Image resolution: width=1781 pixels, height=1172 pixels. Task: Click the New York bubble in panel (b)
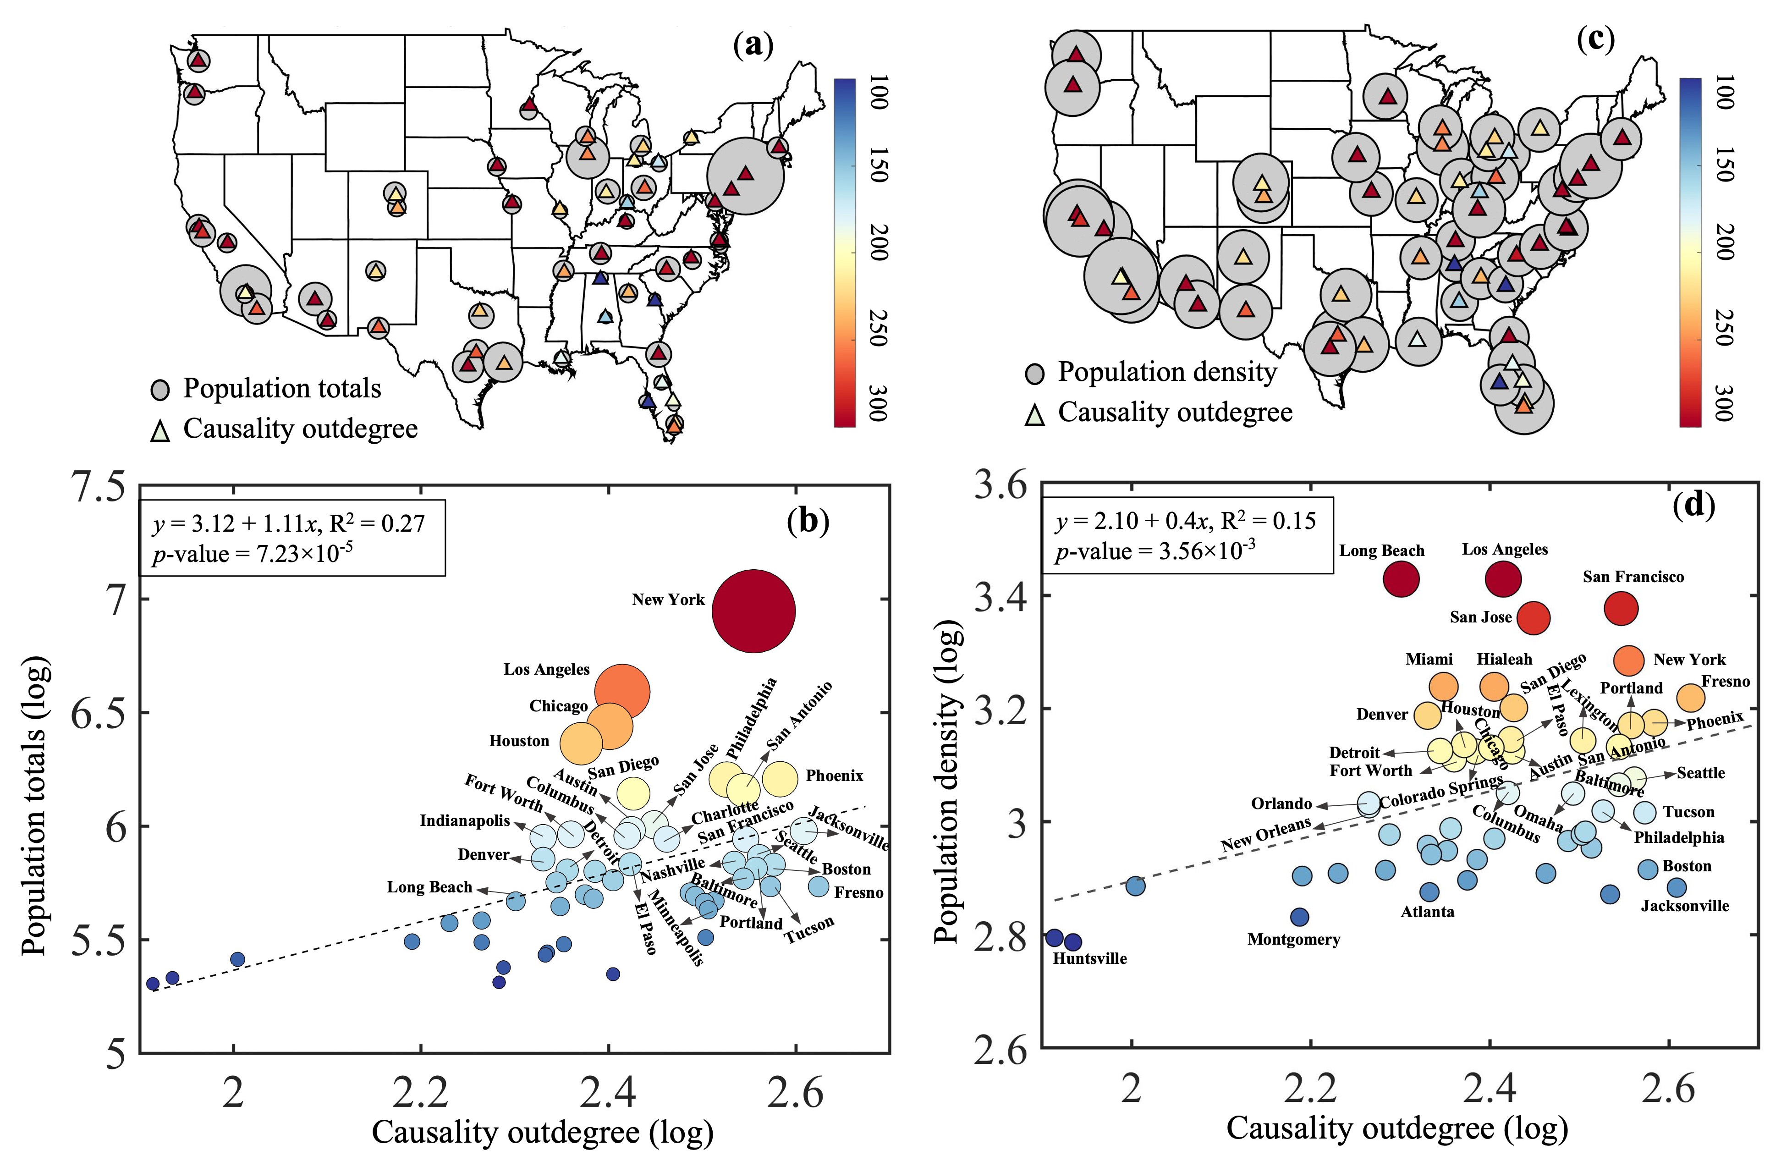pyautogui.click(x=753, y=611)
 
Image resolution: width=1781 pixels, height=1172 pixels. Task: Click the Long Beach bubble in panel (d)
pyautogui.click(x=1401, y=578)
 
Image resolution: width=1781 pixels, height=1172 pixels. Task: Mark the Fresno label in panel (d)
pyautogui.click(x=1725, y=681)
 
